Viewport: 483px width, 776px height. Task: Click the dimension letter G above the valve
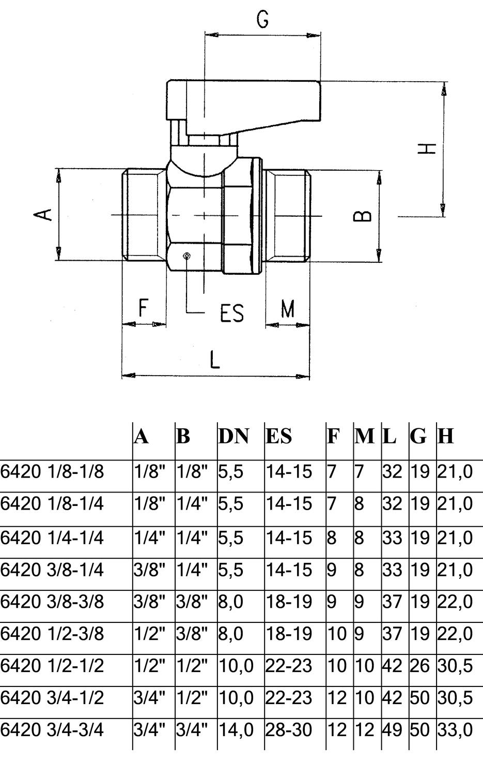[x=262, y=20]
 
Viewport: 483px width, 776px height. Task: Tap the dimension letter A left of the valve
[x=42, y=215]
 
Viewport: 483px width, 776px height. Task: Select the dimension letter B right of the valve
[x=362, y=216]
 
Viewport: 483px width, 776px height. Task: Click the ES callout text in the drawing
[x=232, y=313]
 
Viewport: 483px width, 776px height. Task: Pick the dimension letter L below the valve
[x=215, y=360]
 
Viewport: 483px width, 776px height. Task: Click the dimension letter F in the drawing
[x=143, y=308]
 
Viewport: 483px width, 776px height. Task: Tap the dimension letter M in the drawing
[x=288, y=309]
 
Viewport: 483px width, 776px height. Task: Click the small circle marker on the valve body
[x=187, y=256]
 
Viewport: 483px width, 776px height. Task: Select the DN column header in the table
[x=233, y=436]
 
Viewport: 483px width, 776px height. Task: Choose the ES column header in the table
[x=278, y=436]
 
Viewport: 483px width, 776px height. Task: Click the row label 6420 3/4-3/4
[x=52, y=730]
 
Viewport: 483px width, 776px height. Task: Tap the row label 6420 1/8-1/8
[x=52, y=471]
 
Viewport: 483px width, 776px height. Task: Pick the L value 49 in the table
[x=393, y=730]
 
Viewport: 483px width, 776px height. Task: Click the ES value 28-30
[x=289, y=730]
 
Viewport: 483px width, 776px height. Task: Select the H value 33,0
[x=455, y=730]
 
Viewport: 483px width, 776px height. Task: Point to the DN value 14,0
[x=236, y=730]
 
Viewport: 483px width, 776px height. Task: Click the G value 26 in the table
[x=419, y=665]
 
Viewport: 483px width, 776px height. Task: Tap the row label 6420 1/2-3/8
[x=52, y=634]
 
